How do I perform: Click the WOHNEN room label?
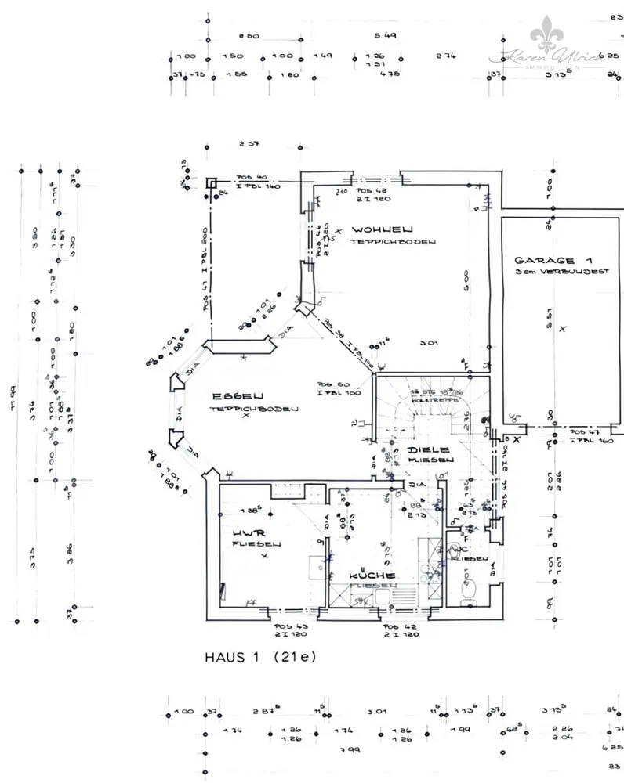[383, 229]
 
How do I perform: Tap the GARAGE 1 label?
[553, 259]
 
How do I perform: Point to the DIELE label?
[428, 450]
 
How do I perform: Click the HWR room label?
[245, 534]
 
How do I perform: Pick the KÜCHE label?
[372, 576]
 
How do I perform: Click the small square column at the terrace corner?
[212, 182]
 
